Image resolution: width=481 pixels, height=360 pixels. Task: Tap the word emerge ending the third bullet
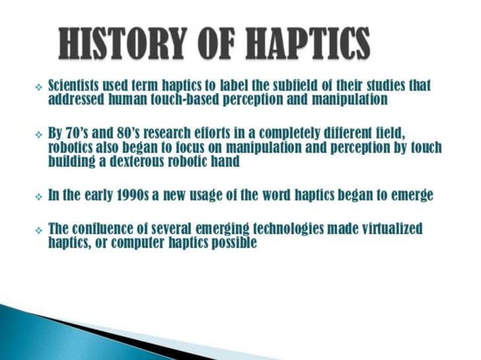pyautogui.click(x=409, y=195)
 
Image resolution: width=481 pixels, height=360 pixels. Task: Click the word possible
pyautogui.click(x=233, y=243)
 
